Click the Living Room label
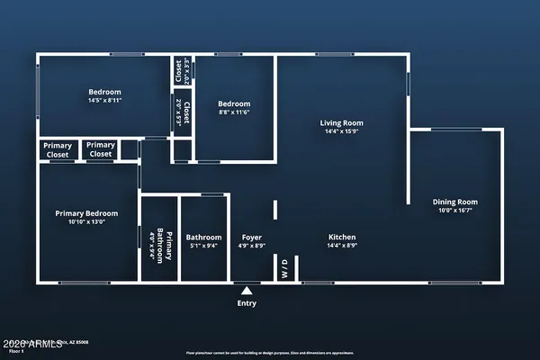[x=341, y=122]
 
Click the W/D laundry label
[x=284, y=269]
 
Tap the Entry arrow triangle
[x=246, y=291]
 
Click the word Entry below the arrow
[x=246, y=303]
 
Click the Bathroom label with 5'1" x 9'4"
[x=203, y=238]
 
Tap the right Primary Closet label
[x=101, y=149]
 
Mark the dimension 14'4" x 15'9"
[x=341, y=132]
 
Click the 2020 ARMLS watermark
[x=28, y=345]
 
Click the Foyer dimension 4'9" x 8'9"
[x=251, y=245]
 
